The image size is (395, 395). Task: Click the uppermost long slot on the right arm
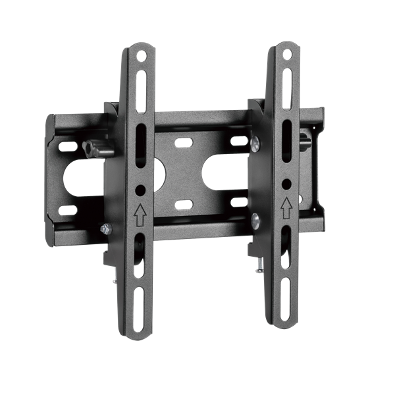pyautogui.click(x=288, y=82)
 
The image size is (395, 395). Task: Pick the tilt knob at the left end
pyautogui.click(x=92, y=151)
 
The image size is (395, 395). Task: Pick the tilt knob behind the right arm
pyautogui.click(x=305, y=140)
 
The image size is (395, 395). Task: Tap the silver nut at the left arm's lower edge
pyautogui.click(x=103, y=228)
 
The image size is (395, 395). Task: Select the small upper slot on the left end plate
pyautogui.click(x=66, y=140)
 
